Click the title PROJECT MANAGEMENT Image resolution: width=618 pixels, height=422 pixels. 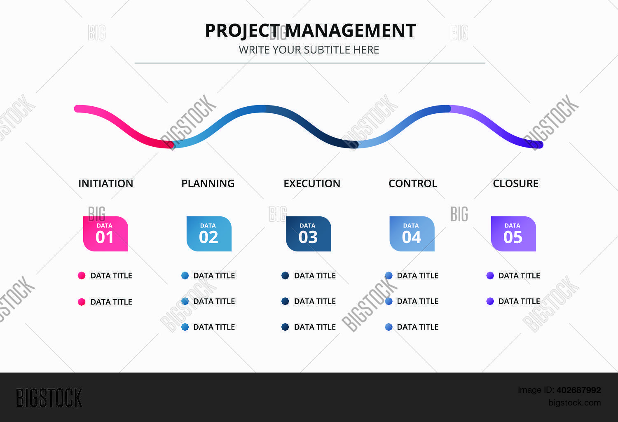click(310, 30)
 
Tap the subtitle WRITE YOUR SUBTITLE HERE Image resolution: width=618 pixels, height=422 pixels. click(309, 50)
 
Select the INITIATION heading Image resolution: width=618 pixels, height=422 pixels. click(106, 183)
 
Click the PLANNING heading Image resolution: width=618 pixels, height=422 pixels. click(208, 183)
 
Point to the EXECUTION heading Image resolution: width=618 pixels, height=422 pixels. click(312, 183)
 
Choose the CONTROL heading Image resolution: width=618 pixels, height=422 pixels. click(413, 183)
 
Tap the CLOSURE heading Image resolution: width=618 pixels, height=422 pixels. click(515, 183)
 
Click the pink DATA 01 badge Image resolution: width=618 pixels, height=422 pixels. click(105, 234)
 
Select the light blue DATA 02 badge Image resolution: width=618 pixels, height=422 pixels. click(209, 234)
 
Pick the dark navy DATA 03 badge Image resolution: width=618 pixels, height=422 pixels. click(309, 234)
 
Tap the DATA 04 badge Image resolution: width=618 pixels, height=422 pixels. click(412, 234)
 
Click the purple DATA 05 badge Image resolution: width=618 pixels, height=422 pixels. click(513, 234)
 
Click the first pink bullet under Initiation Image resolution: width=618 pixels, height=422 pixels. click(82, 276)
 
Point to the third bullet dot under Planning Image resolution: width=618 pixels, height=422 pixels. click(185, 327)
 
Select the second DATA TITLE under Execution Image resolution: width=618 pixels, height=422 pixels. click(315, 301)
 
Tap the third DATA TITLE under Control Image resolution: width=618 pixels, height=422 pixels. click(417, 327)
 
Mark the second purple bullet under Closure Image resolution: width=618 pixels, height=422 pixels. click(490, 301)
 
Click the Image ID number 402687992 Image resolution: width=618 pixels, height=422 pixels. click(578, 390)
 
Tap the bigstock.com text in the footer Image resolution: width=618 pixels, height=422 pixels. click(574, 403)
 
